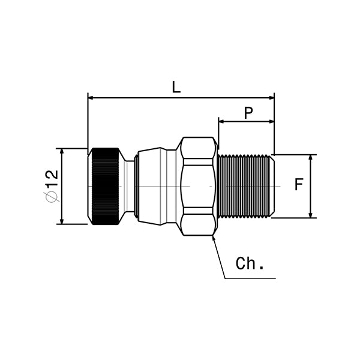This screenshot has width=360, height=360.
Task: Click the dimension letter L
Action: click(176, 87)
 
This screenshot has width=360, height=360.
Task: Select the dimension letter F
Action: click(299, 185)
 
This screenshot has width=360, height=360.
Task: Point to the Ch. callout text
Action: click(250, 264)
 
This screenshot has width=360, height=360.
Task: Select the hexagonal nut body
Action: click(198, 186)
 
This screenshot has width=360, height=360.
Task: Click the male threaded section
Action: click(243, 186)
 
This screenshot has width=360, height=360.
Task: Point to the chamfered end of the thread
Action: click(271, 186)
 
